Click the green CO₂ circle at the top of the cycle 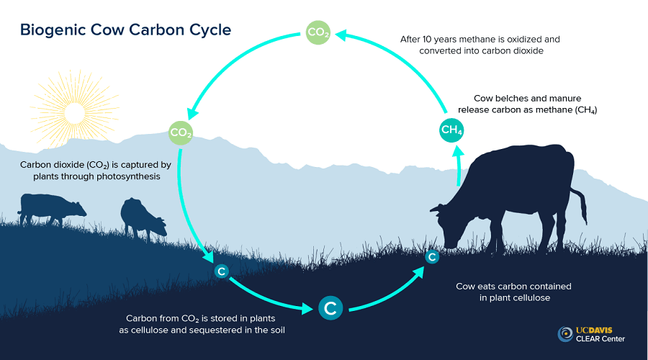pos(318,32)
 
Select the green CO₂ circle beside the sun pos(180,133)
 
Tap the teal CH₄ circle pos(451,130)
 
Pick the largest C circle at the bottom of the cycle pos(330,308)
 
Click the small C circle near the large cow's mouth pos(432,257)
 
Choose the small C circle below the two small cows pos(222,271)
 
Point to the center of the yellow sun pos(72,112)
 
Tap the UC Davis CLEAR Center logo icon pos(566,334)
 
